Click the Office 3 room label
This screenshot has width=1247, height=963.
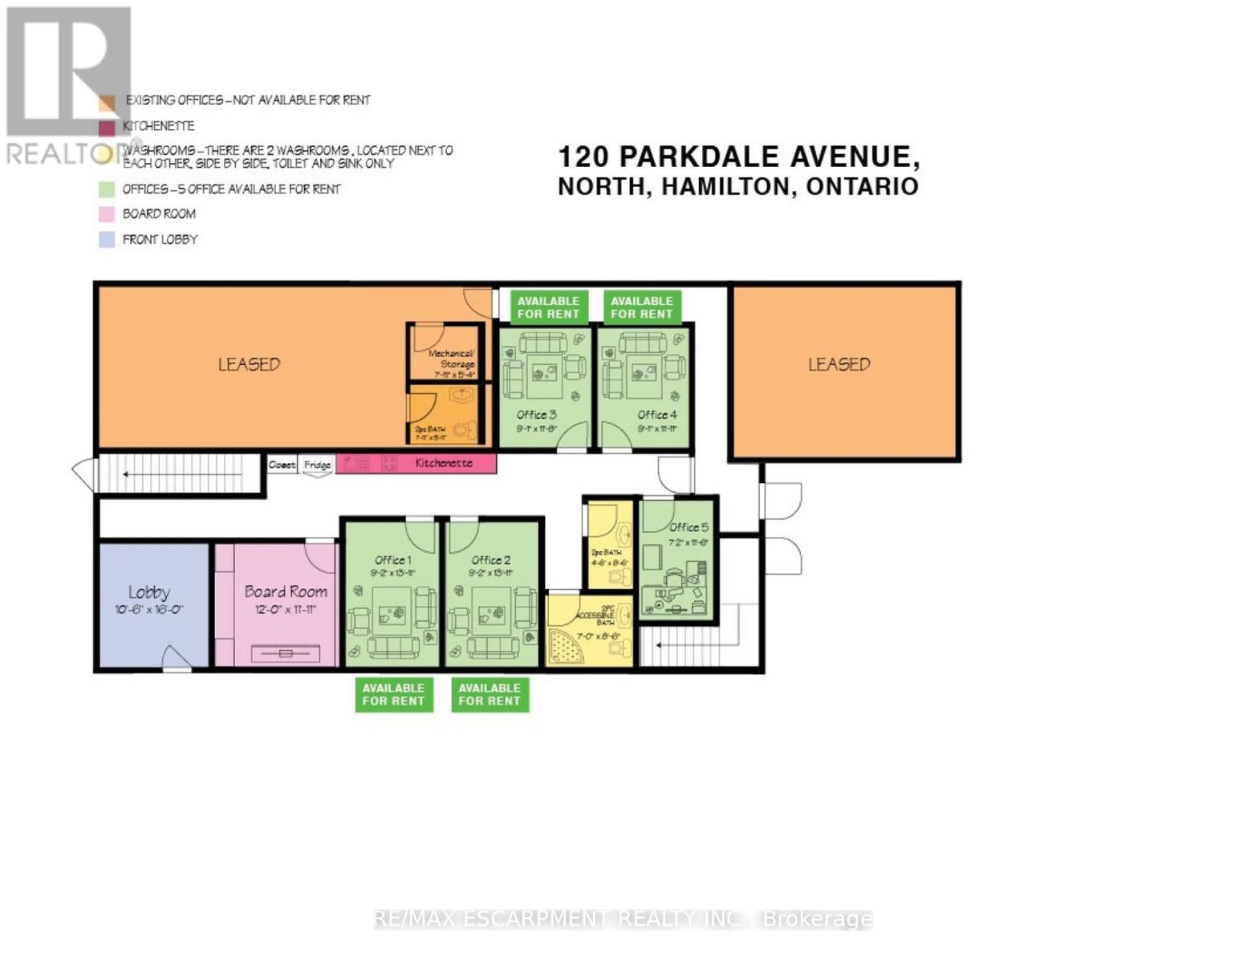point(536,415)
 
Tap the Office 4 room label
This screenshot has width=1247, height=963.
point(657,415)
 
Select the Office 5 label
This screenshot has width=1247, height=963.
point(688,527)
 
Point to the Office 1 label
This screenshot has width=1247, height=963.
point(393,560)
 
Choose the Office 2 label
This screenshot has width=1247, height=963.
point(491,560)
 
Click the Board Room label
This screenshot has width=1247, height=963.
point(286,591)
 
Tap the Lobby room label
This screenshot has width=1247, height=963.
point(149,592)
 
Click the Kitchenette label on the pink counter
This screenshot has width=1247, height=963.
point(444,463)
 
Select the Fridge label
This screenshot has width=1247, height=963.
point(318,465)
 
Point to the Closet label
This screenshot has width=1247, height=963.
point(282,465)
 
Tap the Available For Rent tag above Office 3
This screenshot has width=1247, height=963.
point(548,307)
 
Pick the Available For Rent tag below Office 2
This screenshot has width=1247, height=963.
point(489,694)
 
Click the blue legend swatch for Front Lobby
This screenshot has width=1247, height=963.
point(107,239)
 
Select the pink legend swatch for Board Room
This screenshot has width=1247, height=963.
point(107,214)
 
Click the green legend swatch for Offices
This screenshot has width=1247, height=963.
point(107,189)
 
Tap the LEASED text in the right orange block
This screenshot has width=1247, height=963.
point(839,364)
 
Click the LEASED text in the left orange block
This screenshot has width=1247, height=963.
point(249,364)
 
